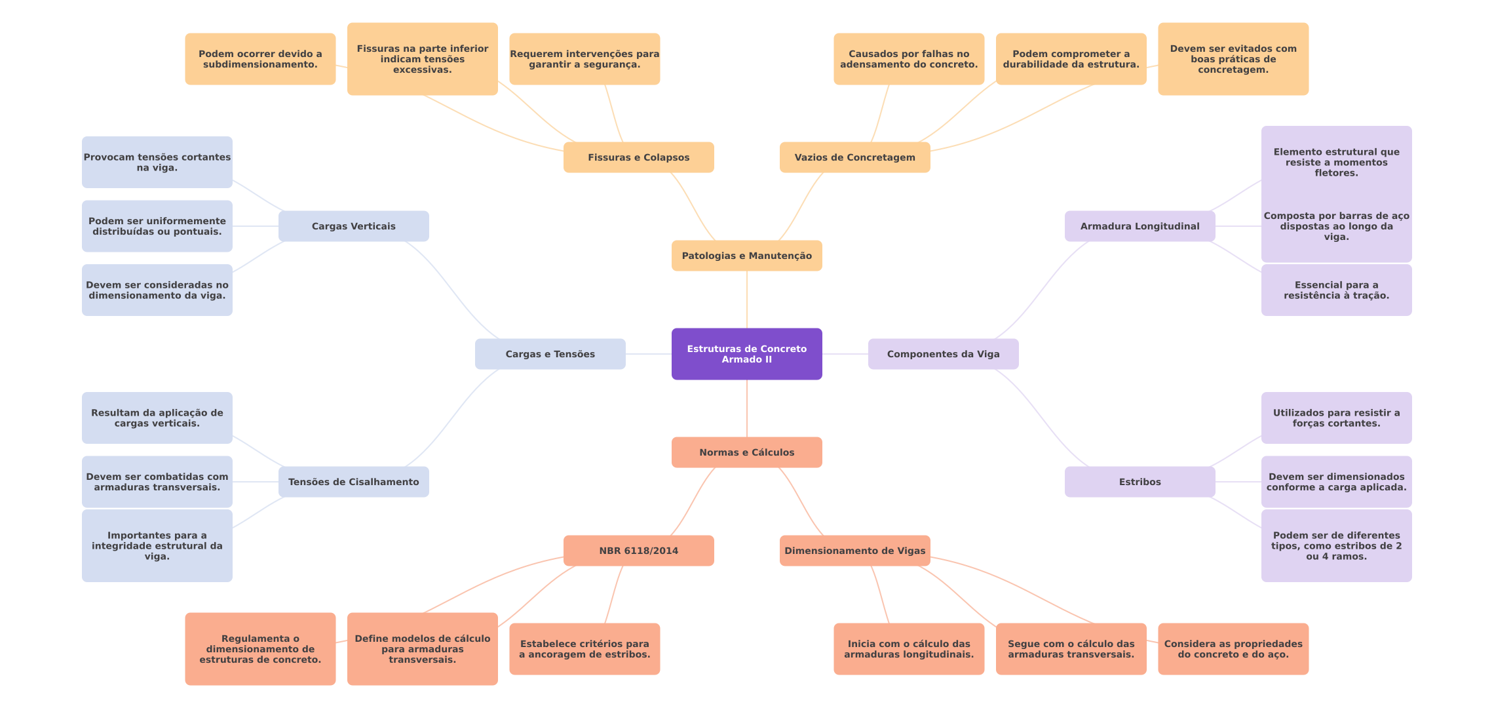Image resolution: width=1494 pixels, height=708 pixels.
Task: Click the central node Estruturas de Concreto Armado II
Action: click(x=746, y=354)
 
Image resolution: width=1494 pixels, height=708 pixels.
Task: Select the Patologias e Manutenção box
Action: click(x=746, y=256)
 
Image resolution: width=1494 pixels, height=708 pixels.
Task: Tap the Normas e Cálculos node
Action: click(x=746, y=452)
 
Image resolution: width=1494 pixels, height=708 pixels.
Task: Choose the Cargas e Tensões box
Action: click(x=550, y=354)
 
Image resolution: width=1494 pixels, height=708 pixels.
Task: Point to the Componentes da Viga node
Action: click(x=943, y=354)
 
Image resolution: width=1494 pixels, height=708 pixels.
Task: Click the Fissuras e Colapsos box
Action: click(x=638, y=157)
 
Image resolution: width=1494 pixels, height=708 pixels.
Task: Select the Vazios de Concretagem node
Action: click(x=854, y=157)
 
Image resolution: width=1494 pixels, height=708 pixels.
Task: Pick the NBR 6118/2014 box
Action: click(x=638, y=551)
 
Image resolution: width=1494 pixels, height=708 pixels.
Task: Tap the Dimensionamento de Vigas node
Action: click(x=854, y=551)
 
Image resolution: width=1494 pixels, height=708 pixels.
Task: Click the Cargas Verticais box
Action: click(x=353, y=226)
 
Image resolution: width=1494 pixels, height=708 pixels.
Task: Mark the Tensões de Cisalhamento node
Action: click(x=353, y=482)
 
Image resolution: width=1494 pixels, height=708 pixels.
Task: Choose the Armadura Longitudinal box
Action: click(x=1140, y=226)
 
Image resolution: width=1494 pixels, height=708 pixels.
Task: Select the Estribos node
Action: click(x=1140, y=482)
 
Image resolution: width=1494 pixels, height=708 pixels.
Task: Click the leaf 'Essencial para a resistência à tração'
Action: click(x=1336, y=290)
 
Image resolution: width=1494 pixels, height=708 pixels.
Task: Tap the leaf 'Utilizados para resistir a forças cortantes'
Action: click(x=1336, y=418)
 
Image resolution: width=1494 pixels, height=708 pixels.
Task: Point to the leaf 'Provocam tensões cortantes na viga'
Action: click(x=157, y=162)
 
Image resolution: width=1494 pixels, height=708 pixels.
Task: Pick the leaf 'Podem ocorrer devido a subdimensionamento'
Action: click(x=260, y=59)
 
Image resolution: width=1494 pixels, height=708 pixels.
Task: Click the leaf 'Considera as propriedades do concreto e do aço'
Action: click(x=1233, y=649)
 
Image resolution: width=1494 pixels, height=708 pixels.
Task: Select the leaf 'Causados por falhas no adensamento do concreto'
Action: click(x=908, y=59)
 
